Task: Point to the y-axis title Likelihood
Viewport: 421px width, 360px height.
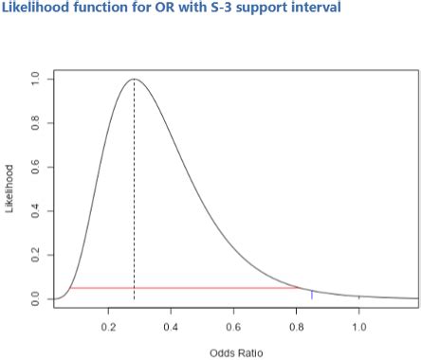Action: pos(10,188)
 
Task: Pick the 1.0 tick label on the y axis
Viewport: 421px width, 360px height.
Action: pos(35,80)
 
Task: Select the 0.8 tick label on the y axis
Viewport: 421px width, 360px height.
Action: pos(35,123)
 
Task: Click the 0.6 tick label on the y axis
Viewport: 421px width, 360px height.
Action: pos(35,168)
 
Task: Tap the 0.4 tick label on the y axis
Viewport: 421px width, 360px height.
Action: pos(35,211)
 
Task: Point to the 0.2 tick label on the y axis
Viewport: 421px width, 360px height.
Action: pos(35,255)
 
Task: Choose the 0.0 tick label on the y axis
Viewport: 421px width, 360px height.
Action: pos(35,298)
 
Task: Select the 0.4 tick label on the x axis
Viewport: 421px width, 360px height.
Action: pos(171,326)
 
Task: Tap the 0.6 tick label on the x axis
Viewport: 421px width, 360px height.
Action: pos(233,326)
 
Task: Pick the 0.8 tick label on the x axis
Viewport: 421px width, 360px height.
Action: pos(296,326)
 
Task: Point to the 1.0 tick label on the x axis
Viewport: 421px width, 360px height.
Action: pos(358,326)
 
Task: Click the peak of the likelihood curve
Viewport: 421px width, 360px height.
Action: pos(134,80)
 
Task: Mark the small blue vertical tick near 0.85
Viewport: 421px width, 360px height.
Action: pos(312,295)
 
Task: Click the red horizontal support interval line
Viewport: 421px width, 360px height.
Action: pos(190,287)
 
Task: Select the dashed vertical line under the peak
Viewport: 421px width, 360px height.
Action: pos(134,189)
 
